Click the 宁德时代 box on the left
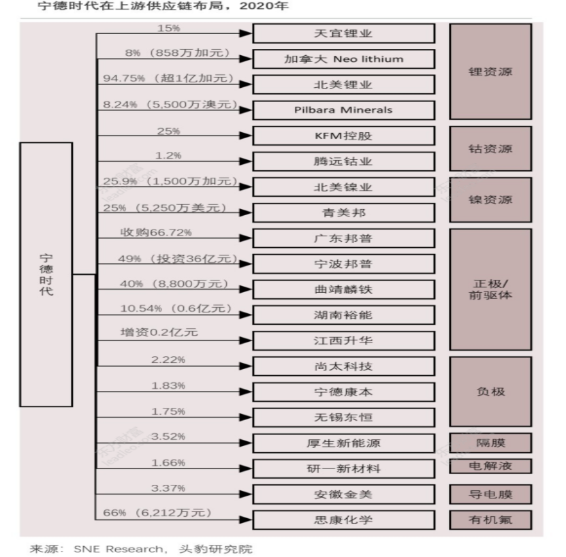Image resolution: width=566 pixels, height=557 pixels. pyautogui.click(x=46, y=274)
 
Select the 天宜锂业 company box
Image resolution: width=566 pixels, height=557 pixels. pyautogui.click(x=343, y=33)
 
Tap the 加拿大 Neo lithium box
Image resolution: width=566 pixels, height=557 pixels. pyautogui.click(x=343, y=59)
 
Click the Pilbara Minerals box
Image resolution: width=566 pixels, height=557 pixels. pyautogui.click(x=343, y=110)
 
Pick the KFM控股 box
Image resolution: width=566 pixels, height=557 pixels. pyautogui.click(x=343, y=136)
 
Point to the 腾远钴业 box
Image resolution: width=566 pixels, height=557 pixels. pyautogui.click(x=343, y=161)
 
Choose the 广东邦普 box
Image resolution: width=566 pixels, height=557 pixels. pyautogui.click(x=343, y=238)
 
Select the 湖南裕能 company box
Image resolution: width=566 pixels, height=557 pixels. pyautogui.click(x=343, y=315)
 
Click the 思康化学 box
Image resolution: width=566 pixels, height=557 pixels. pyautogui.click(x=343, y=520)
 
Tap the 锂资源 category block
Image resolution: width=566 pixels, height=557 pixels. pyautogui.click(x=490, y=71)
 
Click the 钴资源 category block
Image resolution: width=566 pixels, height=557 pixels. pyautogui.click(x=490, y=148)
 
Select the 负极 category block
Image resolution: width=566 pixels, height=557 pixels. pyautogui.click(x=490, y=392)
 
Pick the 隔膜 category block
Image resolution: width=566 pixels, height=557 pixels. pyautogui.click(x=490, y=443)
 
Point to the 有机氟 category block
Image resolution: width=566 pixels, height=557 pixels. pyautogui.click(x=490, y=520)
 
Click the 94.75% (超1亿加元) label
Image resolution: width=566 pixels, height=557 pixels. pyautogui.click(x=168, y=78)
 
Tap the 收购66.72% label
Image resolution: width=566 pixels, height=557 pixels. pyautogui.click(x=156, y=232)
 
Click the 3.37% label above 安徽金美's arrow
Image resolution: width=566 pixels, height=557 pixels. pyautogui.click(x=168, y=488)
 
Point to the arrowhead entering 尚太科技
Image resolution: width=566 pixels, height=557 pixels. pyautogui.click(x=245, y=366)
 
